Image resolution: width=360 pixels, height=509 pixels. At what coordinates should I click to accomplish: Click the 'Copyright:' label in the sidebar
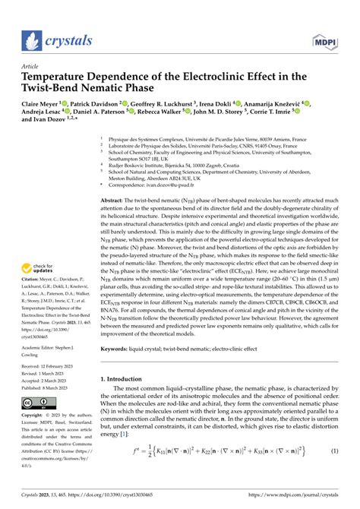(x=35, y=416)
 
